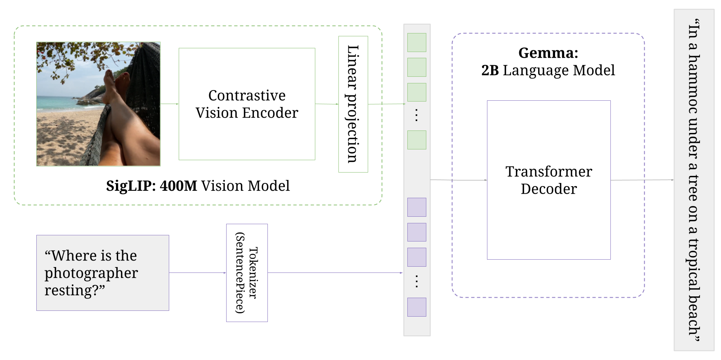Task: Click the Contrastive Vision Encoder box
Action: click(247, 104)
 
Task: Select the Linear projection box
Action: click(353, 104)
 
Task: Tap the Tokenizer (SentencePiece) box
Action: click(247, 272)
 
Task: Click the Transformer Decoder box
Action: click(548, 180)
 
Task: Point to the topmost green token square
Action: click(416, 43)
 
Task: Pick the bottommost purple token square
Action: click(416, 307)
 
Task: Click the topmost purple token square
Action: click(416, 207)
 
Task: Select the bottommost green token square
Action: click(416, 140)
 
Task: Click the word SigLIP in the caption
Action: click(130, 186)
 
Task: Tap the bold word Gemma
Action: click(548, 53)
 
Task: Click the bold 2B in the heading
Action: click(490, 71)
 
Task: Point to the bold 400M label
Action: click(178, 186)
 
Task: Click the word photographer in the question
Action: click(91, 273)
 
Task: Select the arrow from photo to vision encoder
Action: click(169, 104)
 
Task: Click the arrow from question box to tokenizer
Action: click(197, 272)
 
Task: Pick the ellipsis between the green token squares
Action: click(416, 115)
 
